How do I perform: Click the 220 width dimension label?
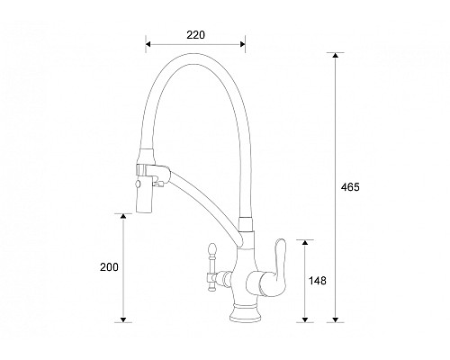[196, 35]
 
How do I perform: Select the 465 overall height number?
[350, 187]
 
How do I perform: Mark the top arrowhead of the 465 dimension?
[336, 57]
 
